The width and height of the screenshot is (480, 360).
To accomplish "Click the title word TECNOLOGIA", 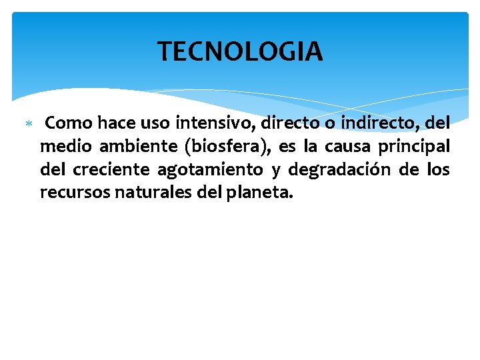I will [x=240, y=51].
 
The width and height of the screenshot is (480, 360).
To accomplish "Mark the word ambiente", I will [x=129, y=147].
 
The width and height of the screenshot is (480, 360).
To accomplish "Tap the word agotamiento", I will [x=210, y=171].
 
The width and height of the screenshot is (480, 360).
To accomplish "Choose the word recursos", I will [x=69, y=193].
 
